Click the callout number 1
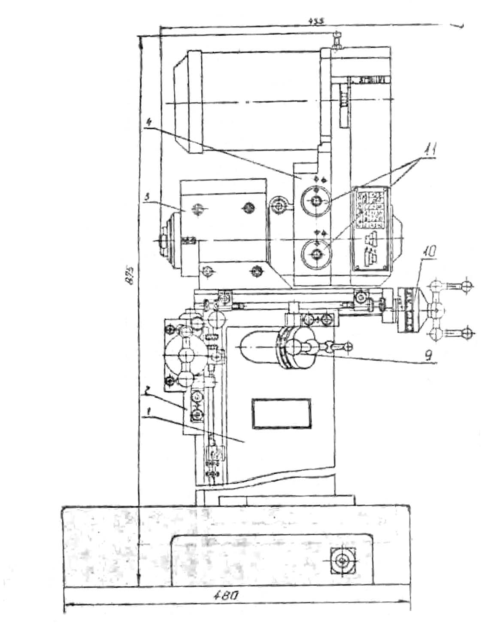point(148,412)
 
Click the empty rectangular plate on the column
point(282,413)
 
